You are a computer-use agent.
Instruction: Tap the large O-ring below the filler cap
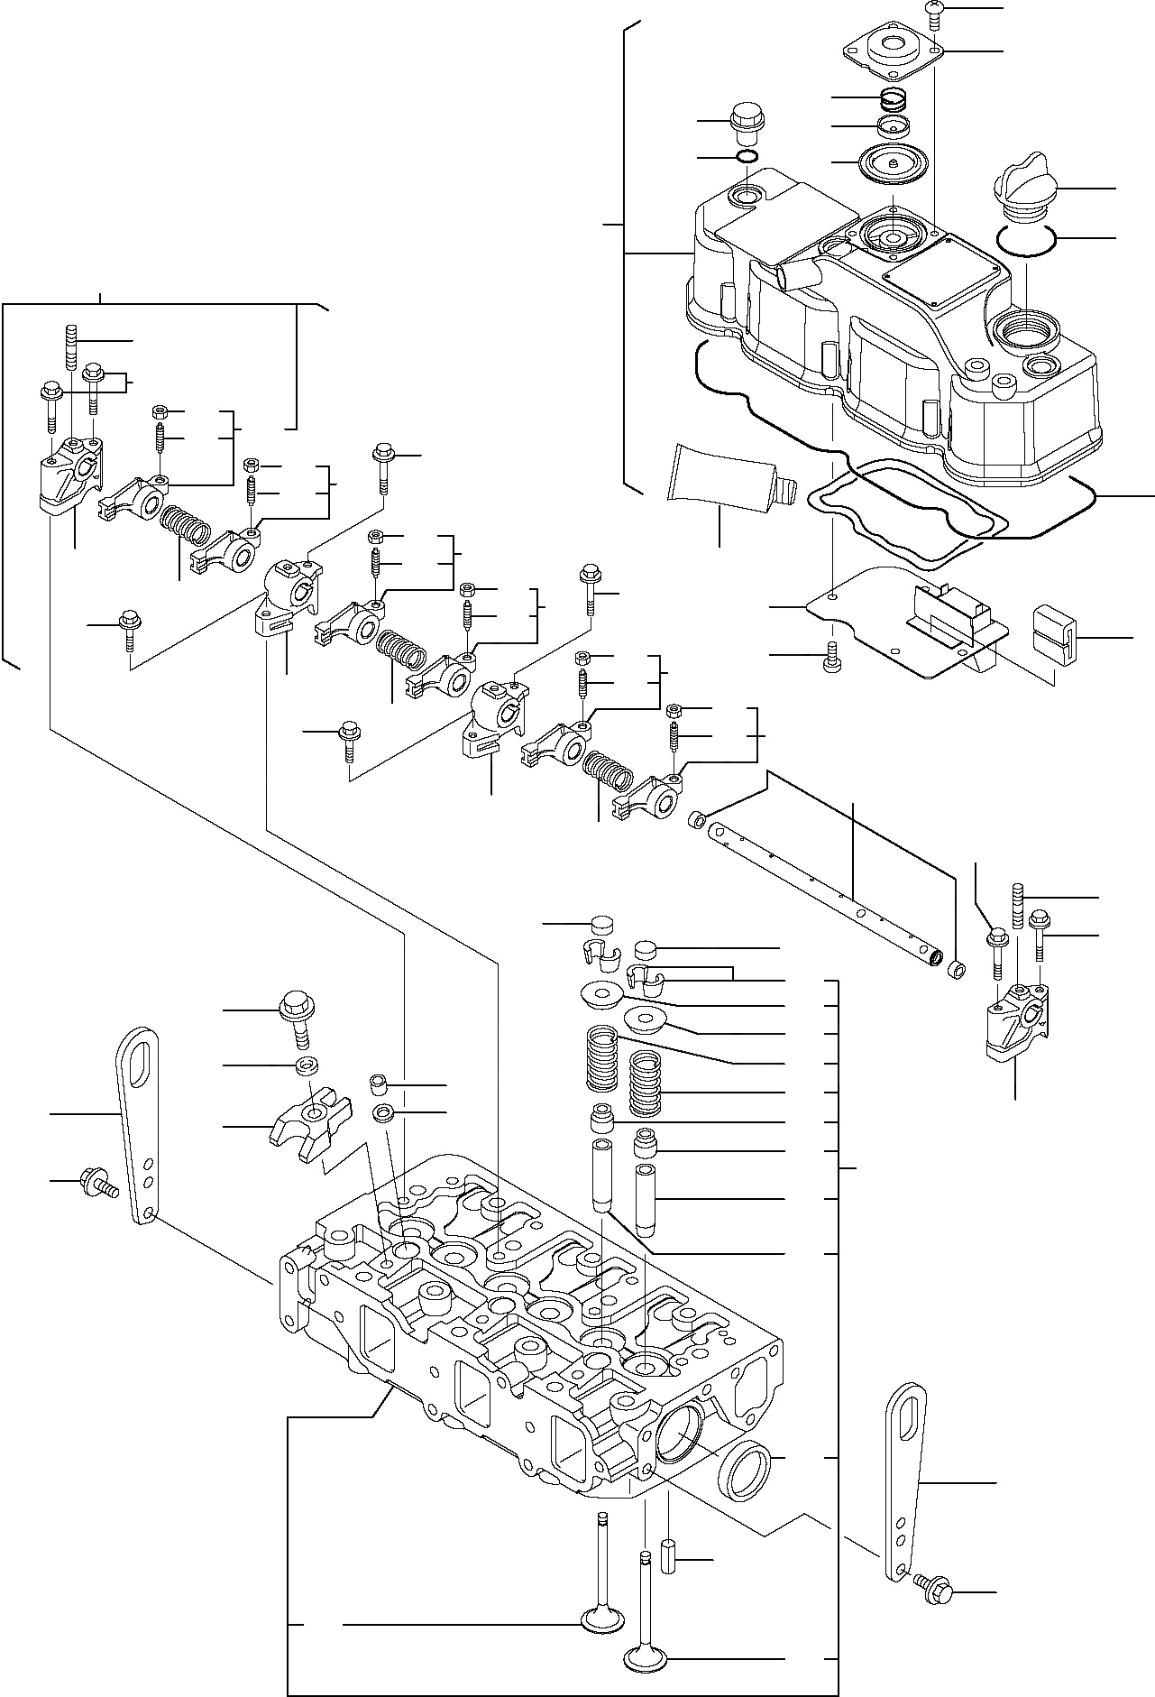click(x=1028, y=239)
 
